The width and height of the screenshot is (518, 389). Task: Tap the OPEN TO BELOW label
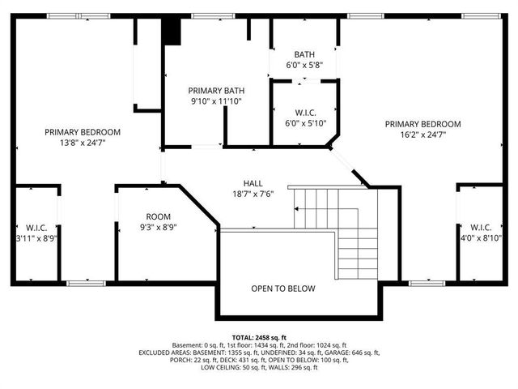[x=282, y=289]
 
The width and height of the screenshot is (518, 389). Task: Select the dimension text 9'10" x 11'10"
[x=216, y=101]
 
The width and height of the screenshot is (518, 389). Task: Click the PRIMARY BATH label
[x=216, y=91]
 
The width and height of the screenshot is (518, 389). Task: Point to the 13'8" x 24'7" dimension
[x=83, y=143]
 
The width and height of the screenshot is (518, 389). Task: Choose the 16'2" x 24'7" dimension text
[x=422, y=135]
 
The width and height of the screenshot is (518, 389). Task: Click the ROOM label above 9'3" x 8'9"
[x=158, y=216]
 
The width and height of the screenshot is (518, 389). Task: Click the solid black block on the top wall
[x=171, y=32]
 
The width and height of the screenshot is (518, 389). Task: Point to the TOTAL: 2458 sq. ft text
[x=259, y=337]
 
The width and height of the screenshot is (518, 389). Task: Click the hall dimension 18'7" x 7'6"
[x=253, y=194]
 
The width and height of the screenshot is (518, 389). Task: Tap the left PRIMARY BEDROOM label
[x=83, y=132]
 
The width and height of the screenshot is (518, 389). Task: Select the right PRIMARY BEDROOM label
[x=422, y=124]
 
